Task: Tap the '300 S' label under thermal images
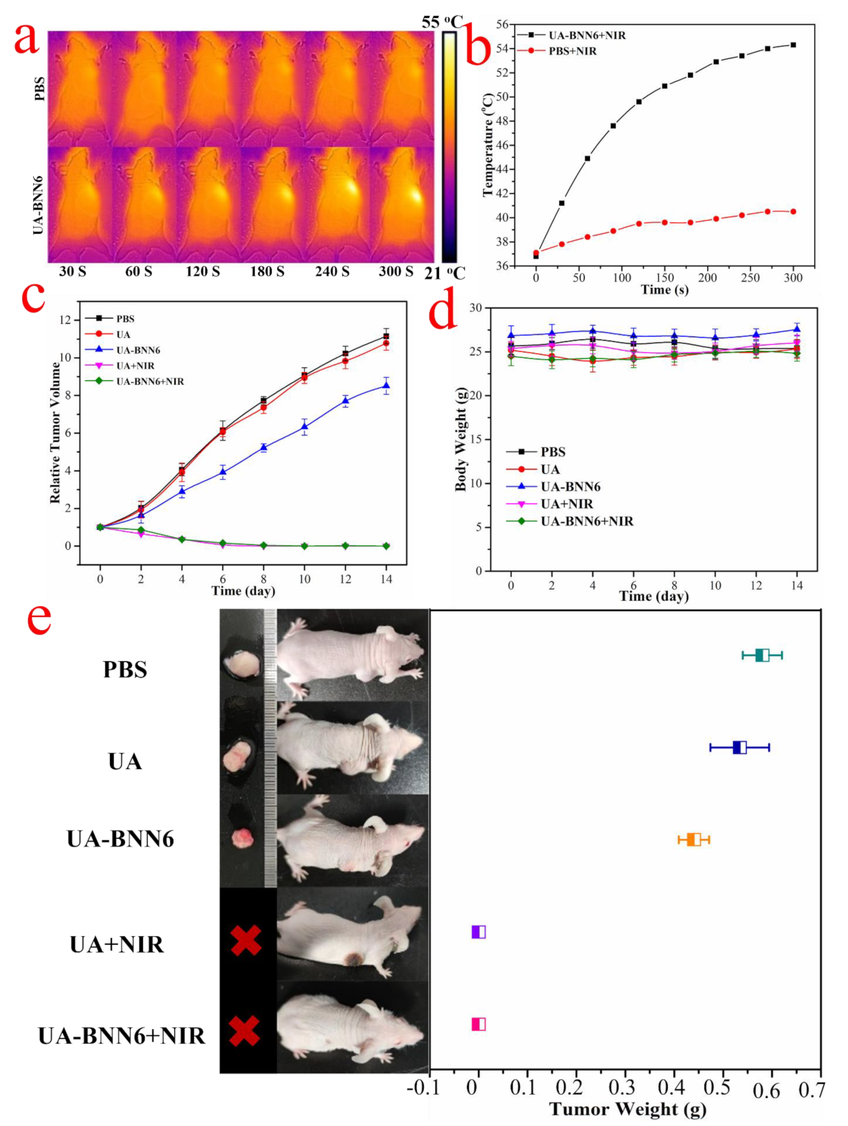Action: point(396,272)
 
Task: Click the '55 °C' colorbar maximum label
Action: point(442,22)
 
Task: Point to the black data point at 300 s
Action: point(793,45)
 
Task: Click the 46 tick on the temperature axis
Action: point(502,145)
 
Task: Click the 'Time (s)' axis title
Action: point(664,289)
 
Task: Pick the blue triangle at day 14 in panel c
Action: point(386,386)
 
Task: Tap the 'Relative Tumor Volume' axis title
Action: point(55,433)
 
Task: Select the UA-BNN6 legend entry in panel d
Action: point(570,487)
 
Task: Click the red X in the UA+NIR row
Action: point(246,940)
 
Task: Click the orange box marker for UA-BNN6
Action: point(693,839)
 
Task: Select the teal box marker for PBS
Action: point(762,655)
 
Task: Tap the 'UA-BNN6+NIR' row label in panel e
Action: point(122,1036)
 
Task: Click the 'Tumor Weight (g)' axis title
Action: point(628,1109)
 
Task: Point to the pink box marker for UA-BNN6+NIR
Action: point(479,1025)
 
